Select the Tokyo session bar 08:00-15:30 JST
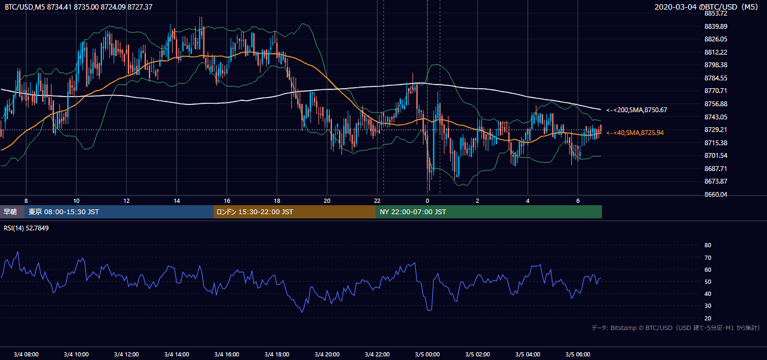point(119,212)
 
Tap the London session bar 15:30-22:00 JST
point(295,212)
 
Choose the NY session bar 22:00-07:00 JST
point(489,212)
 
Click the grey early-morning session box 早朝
point(13,212)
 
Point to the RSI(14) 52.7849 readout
point(26,228)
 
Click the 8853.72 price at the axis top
point(715,14)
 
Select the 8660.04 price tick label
point(715,194)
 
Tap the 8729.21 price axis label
point(715,130)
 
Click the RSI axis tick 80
point(708,245)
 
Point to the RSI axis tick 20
point(708,318)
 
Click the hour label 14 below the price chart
point(176,201)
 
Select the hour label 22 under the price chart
point(377,201)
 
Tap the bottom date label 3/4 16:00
point(227,355)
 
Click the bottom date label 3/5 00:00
point(427,355)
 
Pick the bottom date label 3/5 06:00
point(577,355)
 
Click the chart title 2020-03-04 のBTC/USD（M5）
point(706,7)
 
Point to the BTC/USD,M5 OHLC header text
point(79,7)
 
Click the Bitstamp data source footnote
point(676,328)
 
